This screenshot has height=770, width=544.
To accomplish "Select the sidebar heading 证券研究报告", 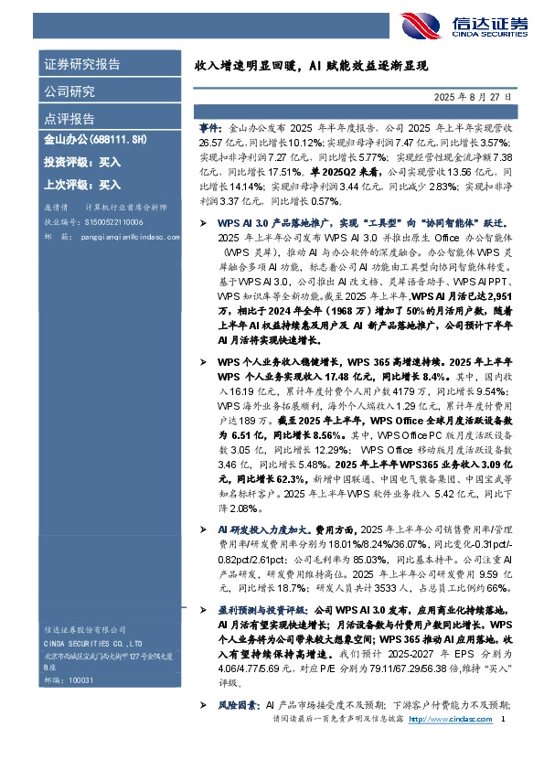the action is (x=82, y=65).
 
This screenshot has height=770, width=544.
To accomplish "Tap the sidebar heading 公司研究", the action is (x=69, y=91).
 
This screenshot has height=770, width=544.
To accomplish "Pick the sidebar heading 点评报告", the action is (x=69, y=119).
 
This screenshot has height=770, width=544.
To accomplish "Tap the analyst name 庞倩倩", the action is (x=57, y=208).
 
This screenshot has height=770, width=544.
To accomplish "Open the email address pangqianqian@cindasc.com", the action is (x=121, y=235).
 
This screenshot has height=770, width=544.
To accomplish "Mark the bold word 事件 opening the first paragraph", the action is (x=208, y=130).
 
